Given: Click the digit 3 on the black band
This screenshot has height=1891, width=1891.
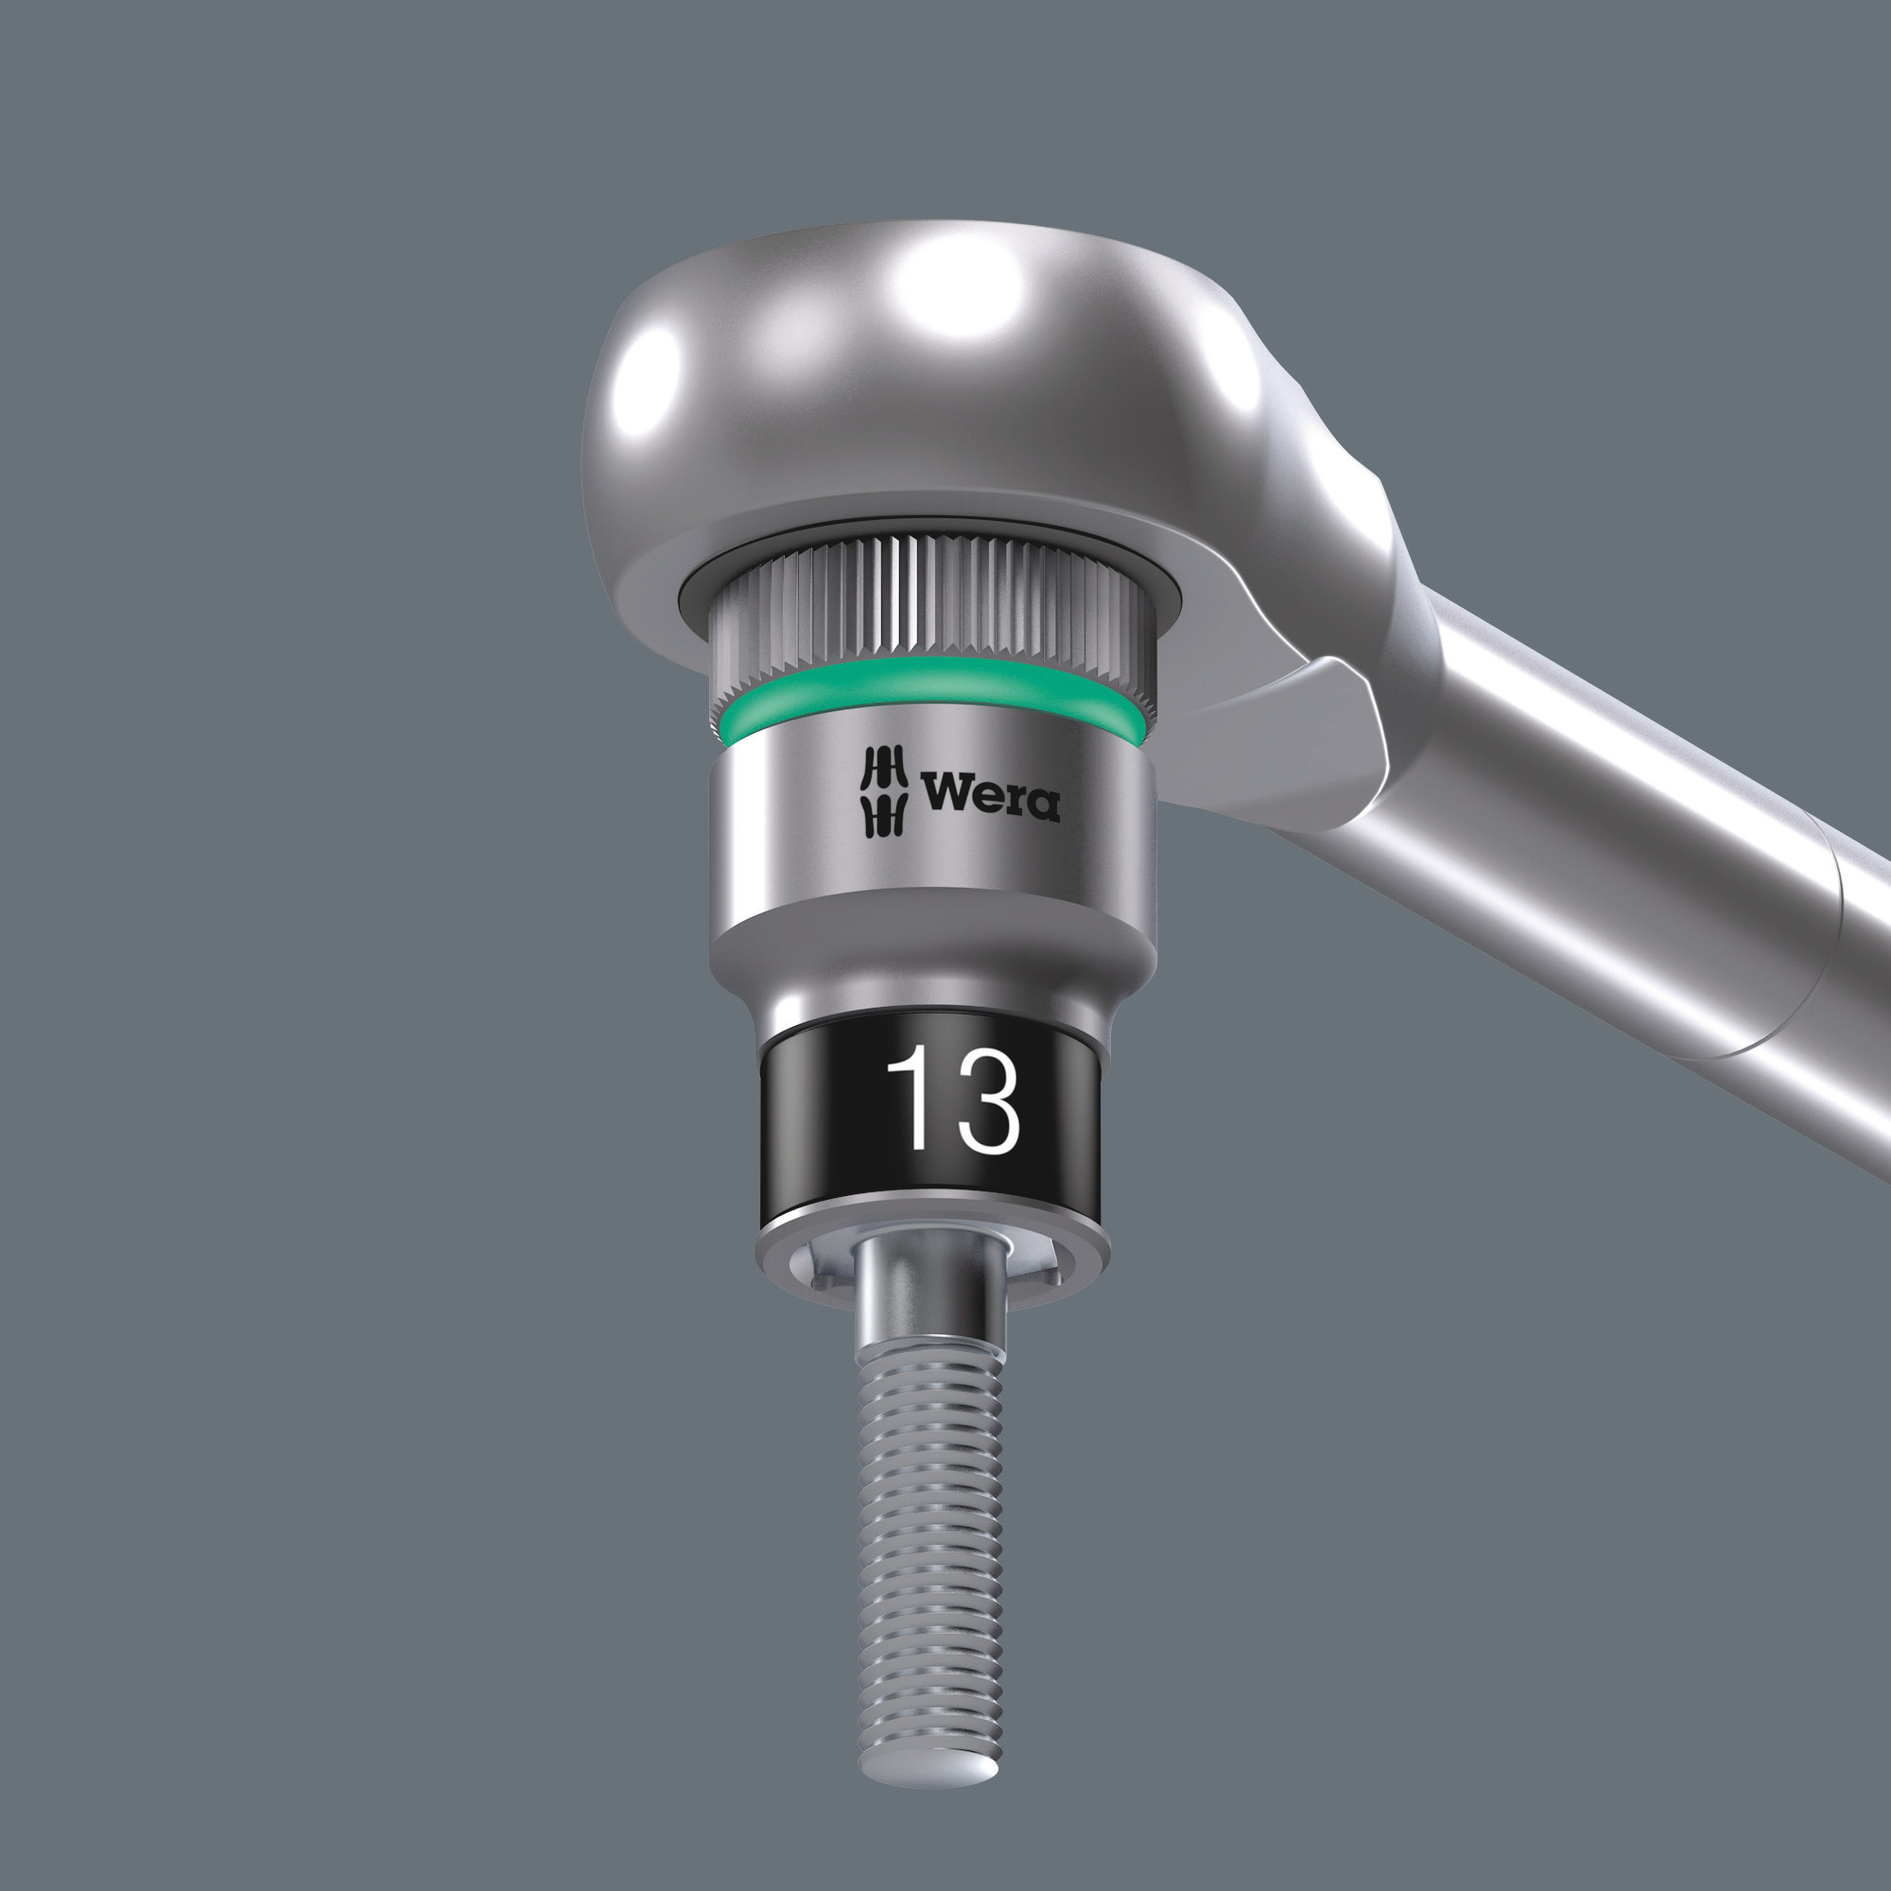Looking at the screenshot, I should (x=986, y=1101).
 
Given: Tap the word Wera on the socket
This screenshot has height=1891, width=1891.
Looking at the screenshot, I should (x=990, y=796).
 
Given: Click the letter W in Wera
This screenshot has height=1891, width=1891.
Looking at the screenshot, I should (x=945, y=793).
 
